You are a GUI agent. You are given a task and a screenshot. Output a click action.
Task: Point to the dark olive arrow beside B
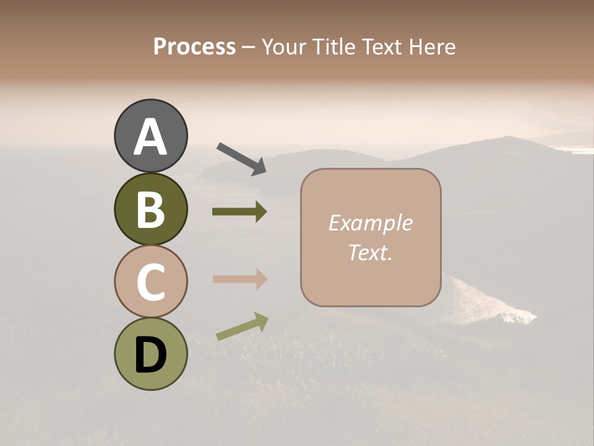[x=239, y=212]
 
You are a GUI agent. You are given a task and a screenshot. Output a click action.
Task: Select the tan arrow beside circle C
[x=239, y=279]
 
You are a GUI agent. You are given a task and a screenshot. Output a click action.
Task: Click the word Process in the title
[x=194, y=47]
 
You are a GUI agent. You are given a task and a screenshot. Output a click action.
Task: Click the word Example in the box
[x=370, y=223]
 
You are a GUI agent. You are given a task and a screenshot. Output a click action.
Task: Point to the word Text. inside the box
[x=370, y=253]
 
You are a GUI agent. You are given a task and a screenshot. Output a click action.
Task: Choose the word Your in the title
[x=283, y=47]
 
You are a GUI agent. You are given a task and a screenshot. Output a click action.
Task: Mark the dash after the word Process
[x=248, y=47]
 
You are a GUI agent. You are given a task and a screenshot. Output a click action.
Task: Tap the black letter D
[x=150, y=355]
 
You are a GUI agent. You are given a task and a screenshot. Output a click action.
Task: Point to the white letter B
[x=150, y=209]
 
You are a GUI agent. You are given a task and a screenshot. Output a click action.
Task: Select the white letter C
[x=150, y=281]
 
